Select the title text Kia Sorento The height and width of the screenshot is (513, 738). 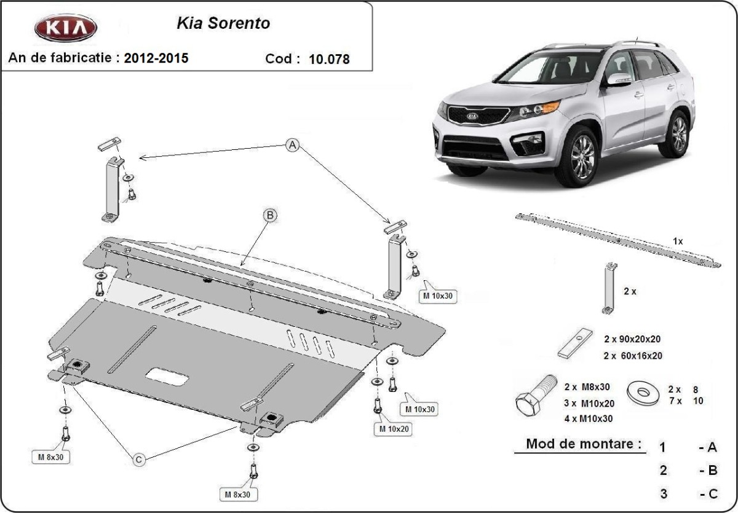coord(223,24)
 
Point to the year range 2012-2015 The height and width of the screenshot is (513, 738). coord(156,58)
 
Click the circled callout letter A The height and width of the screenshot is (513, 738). coord(293,146)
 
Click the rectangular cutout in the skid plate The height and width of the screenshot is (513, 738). coord(168,375)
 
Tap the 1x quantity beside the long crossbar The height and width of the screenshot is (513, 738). coord(678,241)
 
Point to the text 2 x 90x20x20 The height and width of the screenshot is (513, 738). coord(633,339)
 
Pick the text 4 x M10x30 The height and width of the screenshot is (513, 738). coord(587,418)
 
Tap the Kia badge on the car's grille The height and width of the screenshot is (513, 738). coord(472,115)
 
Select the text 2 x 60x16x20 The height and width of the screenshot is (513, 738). coord(633,355)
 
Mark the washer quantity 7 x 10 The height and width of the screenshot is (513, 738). coord(685,401)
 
